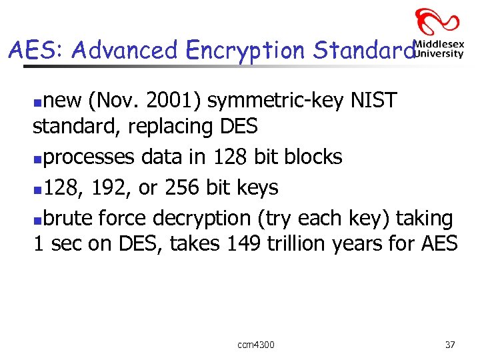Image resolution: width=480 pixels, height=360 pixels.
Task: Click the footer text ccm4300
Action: pos(255,345)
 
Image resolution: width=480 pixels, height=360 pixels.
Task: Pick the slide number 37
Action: pos(450,345)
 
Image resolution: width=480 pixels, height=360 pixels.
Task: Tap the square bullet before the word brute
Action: pos(38,219)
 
